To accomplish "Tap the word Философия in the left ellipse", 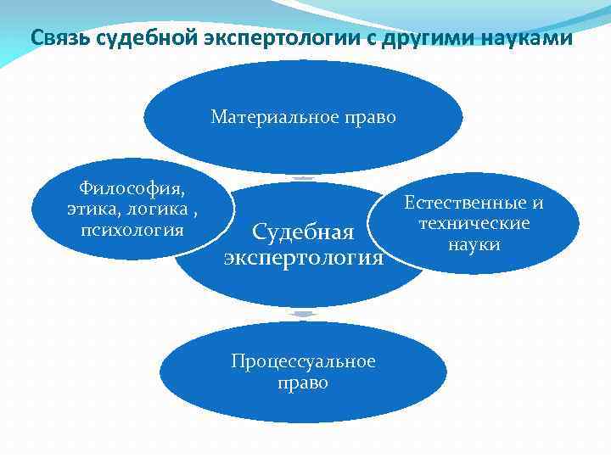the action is pyautogui.click(x=132, y=187).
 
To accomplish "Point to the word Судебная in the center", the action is pyautogui.click(x=303, y=232).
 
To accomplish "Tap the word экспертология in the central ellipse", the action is pyautogui.click(x=304, y=256).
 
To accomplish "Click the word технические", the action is pyautogui.click(x=474, y=223).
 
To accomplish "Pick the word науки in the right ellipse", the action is pyautogui.click(x=474, y=244).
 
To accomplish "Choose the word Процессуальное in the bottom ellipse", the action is pyautogui.click(x=303, y=361).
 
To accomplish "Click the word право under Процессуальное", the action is pyautogui.click(x=303, y=383).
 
